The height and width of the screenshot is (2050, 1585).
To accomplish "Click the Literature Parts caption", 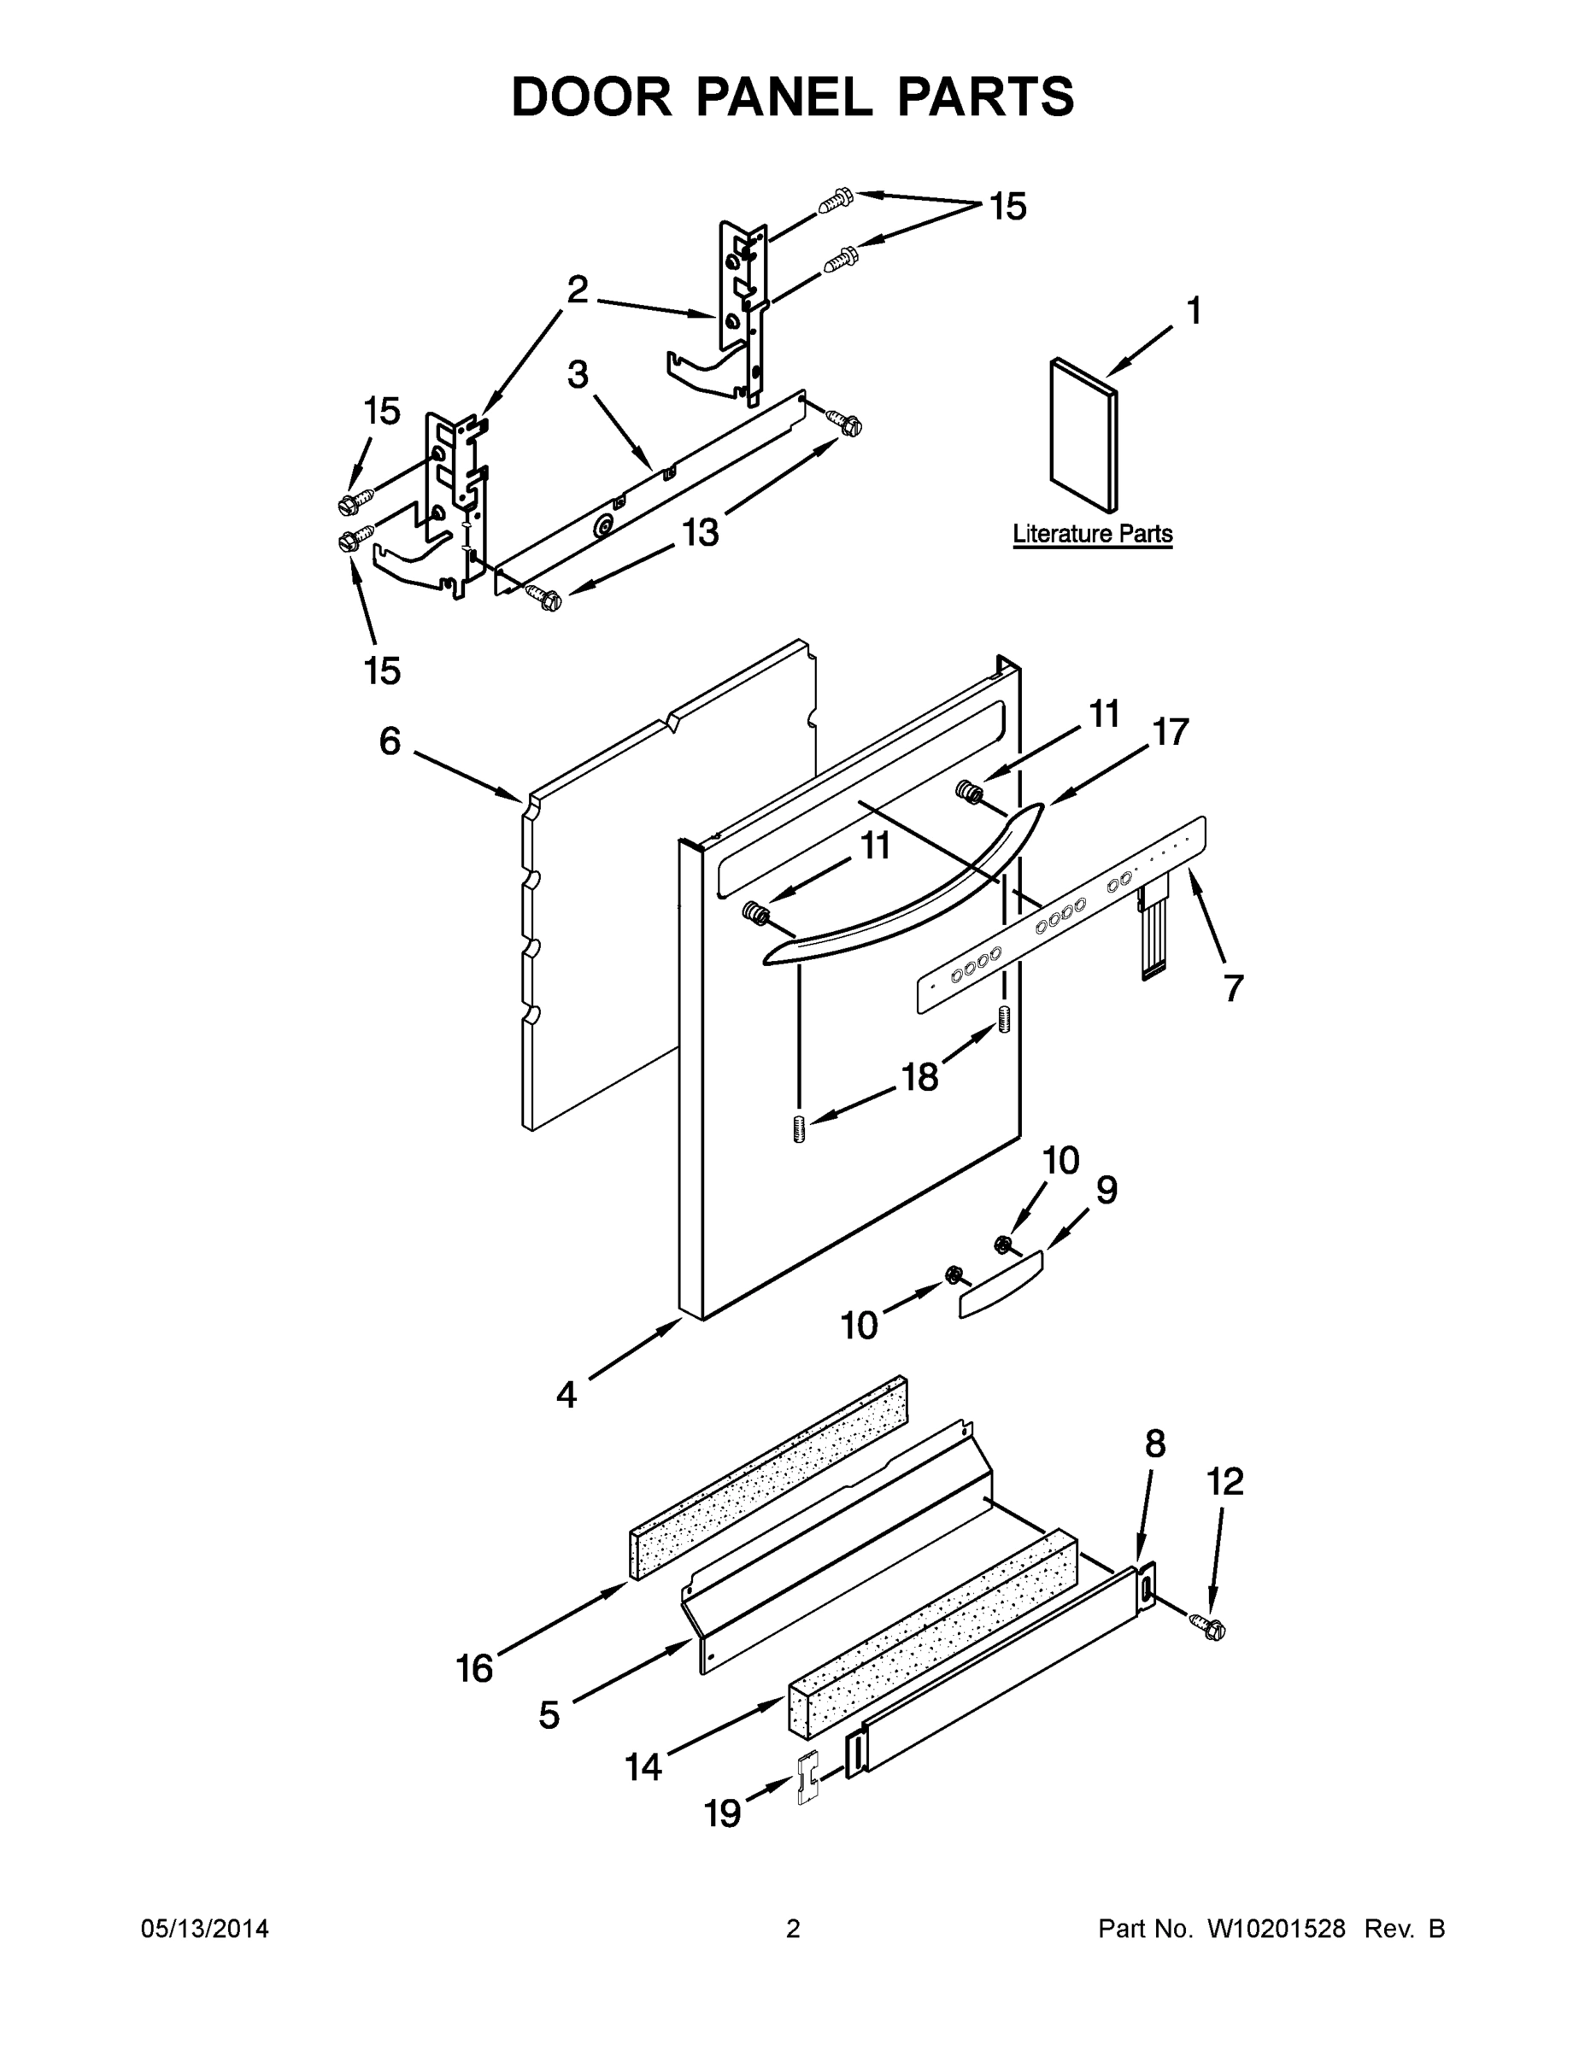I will coord(1092,533).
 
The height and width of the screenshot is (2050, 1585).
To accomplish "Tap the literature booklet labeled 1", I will coord(1083,434).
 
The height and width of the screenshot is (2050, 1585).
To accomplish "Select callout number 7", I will coord(1233,987).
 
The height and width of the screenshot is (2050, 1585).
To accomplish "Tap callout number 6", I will coord(390,741).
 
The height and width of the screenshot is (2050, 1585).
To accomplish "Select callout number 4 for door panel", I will coord(566,1395).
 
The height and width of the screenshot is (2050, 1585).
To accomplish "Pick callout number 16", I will coord(474,1668).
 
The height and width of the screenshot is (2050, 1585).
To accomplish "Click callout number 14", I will coord(643,1766).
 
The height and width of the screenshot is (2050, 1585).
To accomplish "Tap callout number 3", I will coord(578,374).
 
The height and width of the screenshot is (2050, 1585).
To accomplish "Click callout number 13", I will coord(700,532).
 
